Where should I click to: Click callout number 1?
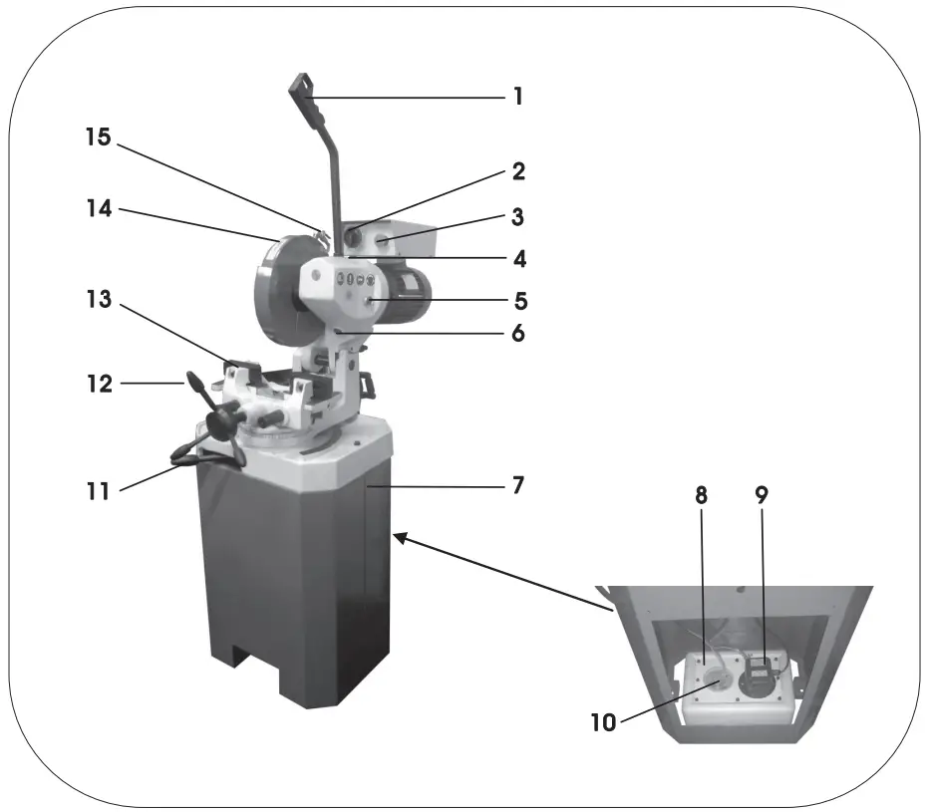click(x=517, y=98)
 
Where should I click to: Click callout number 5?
click(x=517, y=300)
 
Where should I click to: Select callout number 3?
click(x=517, y=216)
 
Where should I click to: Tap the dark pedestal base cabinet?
click(x=289, y=588)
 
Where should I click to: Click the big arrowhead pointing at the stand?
click(x=403, y=539)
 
